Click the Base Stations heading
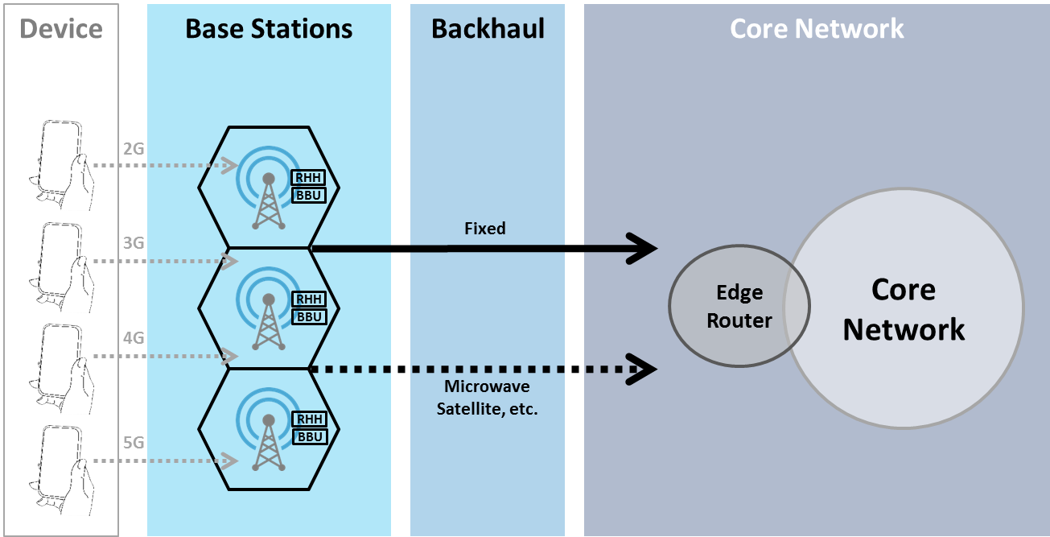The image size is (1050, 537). tap(269, 29)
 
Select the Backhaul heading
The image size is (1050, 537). tap(488, 29)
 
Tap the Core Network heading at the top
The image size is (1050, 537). tap(817, 29)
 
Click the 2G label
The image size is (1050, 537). tap(134, 149)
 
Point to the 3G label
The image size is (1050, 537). tap(134, 243)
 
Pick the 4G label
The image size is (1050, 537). tap(134, 338)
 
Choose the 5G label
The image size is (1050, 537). tap(134, 443)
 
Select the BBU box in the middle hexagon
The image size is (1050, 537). tap(310, 316)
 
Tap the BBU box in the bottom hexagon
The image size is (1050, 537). tap(310, 436)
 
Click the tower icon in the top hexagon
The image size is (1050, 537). tap(268, 197)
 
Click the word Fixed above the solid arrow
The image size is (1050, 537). tap(485, 229)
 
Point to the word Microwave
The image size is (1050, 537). tap(487, 388)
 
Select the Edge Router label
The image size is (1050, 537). tap(739, 307)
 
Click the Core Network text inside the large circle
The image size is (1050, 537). tap(904, 309)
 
